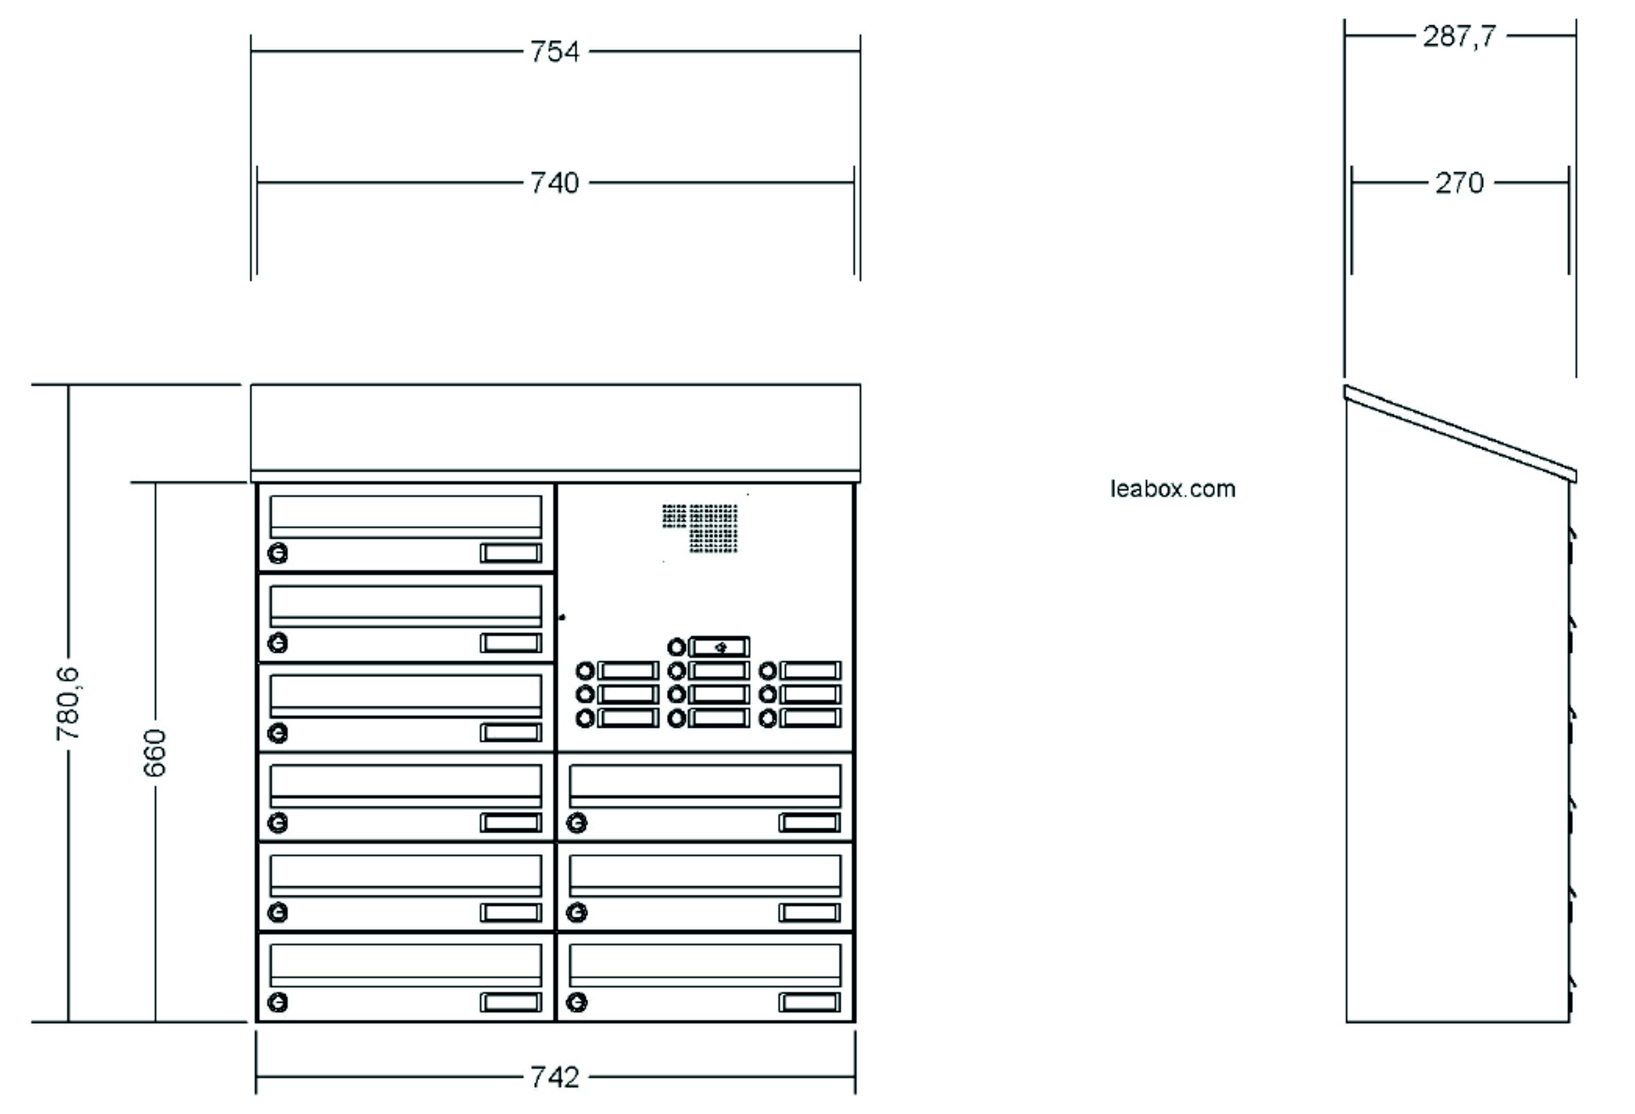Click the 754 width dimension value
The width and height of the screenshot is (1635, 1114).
555,51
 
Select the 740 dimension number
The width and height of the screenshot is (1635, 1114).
555,183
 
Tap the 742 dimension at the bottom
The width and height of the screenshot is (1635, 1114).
555,1077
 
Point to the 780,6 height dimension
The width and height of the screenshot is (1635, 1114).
68,703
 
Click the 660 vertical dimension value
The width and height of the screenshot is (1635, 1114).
155,753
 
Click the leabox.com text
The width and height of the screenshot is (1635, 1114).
1173,489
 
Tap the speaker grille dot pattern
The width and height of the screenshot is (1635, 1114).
703,528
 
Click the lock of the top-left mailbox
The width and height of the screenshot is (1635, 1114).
278,553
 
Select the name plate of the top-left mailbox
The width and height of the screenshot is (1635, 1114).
511,553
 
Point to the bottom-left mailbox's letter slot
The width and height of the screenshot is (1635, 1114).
406,964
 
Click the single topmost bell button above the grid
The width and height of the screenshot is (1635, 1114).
676,646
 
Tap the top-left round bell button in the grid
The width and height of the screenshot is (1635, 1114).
585,670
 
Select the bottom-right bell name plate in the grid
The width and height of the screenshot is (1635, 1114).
810,718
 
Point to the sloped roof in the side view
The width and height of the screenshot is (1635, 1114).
1460,434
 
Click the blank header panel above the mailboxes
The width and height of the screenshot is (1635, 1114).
555,428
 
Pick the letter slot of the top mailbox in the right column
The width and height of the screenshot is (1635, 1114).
705,786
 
